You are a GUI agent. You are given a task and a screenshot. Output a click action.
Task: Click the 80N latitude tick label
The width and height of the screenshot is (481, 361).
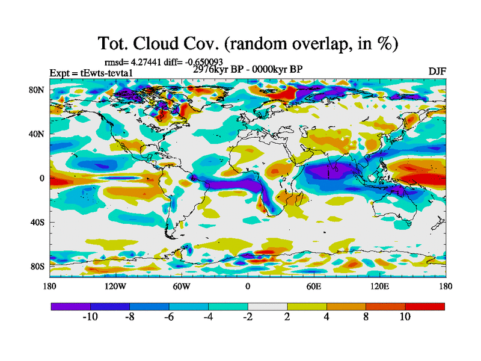[37, 90]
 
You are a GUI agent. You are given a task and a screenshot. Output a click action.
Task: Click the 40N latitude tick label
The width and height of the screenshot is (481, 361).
[37, 134]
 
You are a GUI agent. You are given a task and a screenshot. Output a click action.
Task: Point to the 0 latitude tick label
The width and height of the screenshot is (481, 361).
[42, 178]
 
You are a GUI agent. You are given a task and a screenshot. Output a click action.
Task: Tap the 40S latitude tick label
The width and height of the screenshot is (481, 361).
[37, 222]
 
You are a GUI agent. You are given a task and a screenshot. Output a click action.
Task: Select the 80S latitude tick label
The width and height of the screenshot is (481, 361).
[37, 266]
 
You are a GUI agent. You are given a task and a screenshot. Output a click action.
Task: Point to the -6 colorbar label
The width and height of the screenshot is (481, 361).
[168, 317]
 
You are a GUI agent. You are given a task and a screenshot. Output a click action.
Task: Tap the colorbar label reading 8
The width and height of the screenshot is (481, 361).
[366, 317]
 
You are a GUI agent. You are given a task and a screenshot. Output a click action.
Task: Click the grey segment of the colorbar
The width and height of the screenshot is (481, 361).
[268, 306]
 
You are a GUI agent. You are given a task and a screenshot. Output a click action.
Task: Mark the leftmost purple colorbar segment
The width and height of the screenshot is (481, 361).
[70, 306]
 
